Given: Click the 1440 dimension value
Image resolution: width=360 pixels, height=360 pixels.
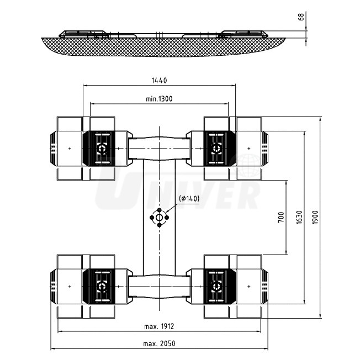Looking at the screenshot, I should click(x=159, y=81).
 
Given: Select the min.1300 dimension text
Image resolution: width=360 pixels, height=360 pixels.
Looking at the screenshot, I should click(x=159, y=99).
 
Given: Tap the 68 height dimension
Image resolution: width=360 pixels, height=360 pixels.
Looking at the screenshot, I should click(x=301, y=17).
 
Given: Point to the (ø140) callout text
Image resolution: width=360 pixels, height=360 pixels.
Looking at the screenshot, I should click(x=189, y=199).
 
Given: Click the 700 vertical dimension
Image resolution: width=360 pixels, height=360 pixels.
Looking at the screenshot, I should click(x=280, y=217).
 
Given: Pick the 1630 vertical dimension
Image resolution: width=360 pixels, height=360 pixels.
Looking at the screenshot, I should click(x=299, y=217).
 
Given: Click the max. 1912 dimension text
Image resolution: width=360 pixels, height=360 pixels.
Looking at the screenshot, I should click(x=160, y=327).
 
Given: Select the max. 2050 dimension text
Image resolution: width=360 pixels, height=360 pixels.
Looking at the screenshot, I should click(x=160, y=343).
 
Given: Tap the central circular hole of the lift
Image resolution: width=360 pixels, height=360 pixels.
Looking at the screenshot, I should click(x=160, y=218).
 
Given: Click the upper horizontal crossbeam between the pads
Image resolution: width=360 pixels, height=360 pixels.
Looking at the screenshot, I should click(x=160, y=148).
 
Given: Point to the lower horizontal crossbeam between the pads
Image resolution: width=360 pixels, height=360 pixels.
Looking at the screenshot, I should click(x=160, y=287).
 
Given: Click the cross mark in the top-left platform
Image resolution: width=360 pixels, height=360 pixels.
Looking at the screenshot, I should click(x=70, y=149).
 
